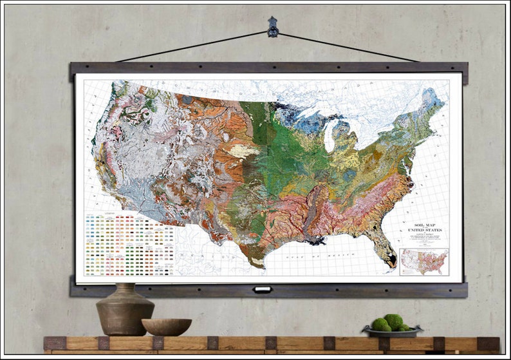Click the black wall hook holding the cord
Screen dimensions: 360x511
(273, 26)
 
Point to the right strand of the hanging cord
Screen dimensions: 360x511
(348, 47)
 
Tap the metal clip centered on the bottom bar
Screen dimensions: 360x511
(262, 290)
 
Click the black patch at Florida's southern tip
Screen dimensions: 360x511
(391, 260)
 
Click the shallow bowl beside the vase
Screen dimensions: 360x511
(166, 327)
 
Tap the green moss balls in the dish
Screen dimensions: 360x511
(390, 323)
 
